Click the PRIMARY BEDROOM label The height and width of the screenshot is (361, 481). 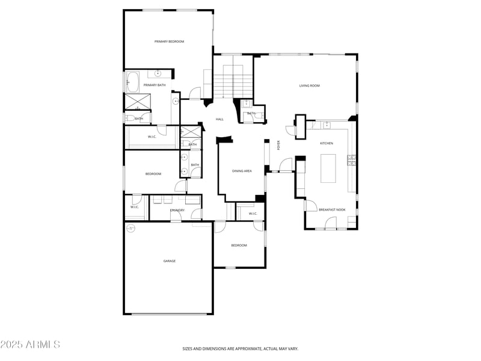coord(169,42)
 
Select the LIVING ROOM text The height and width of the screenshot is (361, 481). coord(310,86)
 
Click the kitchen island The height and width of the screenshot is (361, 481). coord(328,168)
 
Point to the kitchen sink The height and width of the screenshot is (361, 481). coord(326,125)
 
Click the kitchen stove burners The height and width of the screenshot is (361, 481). coord(351,160)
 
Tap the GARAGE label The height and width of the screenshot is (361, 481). coord(170,261)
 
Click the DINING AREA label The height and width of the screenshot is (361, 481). coord(242,171)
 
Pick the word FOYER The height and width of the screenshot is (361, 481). coord(278,144)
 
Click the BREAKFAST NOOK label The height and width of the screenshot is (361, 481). coord(332,209)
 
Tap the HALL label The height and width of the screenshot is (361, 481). coord(219,119)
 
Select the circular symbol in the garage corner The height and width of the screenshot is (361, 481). coord(130,228)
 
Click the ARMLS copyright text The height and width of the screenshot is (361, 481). coord(30,345)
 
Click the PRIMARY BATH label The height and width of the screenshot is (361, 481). coord(155,85)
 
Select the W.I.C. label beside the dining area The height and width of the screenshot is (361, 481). coord(253,214)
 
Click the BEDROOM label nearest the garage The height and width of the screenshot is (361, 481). coord(239,245)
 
